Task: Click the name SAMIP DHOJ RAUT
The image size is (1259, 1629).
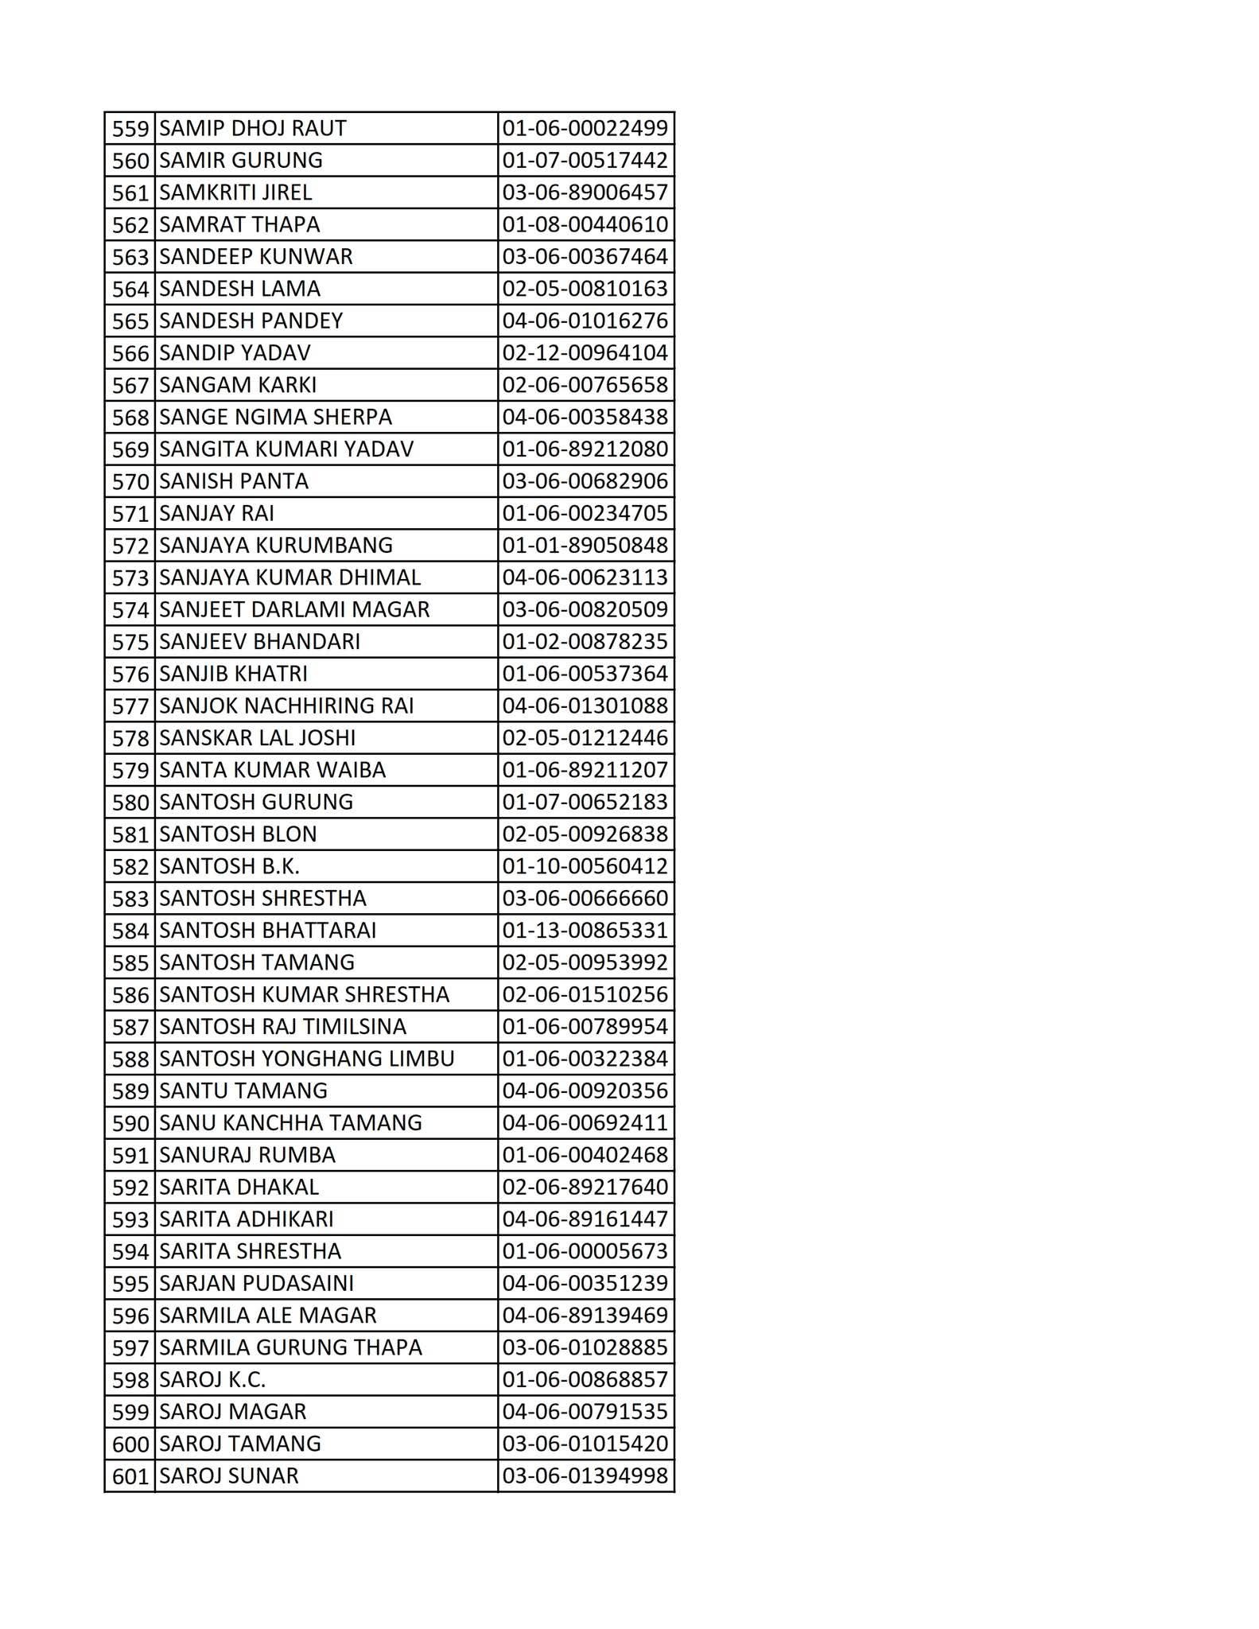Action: coord(253,128)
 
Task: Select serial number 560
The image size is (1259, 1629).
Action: coord(130,161)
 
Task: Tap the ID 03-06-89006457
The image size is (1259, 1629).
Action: coord(585,192)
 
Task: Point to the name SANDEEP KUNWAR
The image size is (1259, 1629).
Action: coord(255,256)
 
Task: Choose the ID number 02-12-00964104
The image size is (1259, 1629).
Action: coord(585,352)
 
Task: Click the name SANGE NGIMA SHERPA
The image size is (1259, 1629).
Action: coord(275,417)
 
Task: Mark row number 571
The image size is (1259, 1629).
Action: coord(130,514)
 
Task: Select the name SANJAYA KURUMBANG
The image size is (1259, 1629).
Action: coord(275,545)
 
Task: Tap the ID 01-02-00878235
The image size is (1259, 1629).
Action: coord(585,641)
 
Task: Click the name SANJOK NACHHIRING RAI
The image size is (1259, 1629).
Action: coord(286,706)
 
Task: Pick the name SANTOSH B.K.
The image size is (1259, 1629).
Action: coord(229,865)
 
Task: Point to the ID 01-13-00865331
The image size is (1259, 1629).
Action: coord(585,930)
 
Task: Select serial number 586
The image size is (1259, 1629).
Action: coord(130,995)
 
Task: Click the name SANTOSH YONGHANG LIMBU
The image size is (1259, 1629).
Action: coord(306,1059)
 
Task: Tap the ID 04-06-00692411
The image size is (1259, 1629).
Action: coord(585,1122)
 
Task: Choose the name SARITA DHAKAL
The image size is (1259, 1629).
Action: coord(239,1187)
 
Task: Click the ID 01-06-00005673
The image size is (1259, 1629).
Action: coord(585,1251)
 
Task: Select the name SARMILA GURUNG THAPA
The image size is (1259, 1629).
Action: coord(290,1347)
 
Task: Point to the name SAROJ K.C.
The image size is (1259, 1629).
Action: coord(212,1379)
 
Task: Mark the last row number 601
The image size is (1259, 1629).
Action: coord(130,1476)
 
